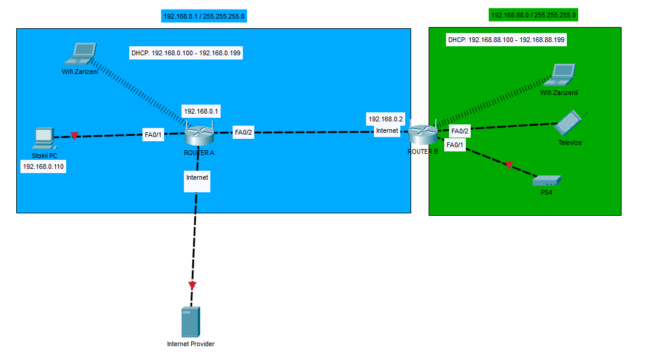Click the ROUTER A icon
[x=199, y=135]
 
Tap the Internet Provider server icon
[x=191, y=322]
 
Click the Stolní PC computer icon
[x=43, y=138]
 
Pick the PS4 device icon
[x=546, y=180]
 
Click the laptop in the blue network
[x=81, y=54]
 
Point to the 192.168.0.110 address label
[x=43, y=166]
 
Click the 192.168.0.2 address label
[x=386, y=119]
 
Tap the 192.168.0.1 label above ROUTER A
[x=202, y=111]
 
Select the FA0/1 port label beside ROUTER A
[x=154, y=135]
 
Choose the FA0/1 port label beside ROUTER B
[x=455, y=145]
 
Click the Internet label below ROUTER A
[x=197, y=178]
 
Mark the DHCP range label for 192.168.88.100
[x=506, y=40]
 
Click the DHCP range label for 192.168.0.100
[x=186, y=53]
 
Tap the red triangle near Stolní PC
[x=74, y=136]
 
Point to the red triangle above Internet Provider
[x=192, y=285]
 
